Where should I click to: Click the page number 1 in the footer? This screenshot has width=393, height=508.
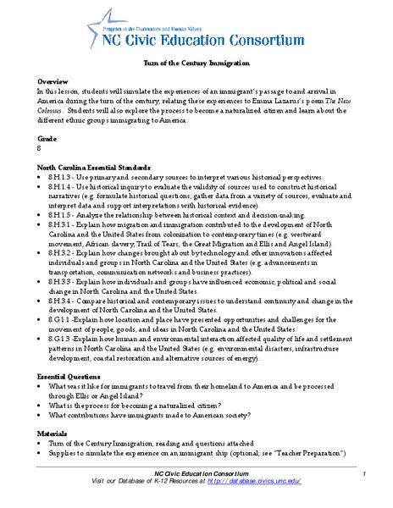tap(362, 473)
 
